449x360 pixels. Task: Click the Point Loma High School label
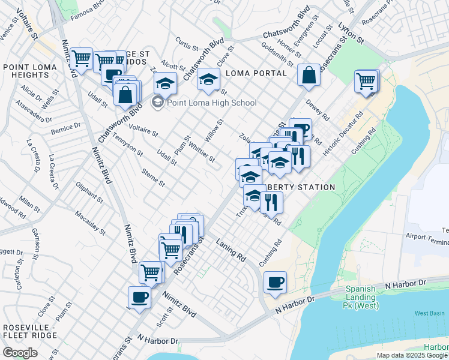pyautogui.click(x=211, y=103)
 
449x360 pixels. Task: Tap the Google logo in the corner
pyautogui.click(x=20, y=353)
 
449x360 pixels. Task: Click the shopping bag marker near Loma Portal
pyautogui.click(x=309, y=76)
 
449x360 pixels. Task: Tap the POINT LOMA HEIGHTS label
pyautogui.click(x=26, y=71)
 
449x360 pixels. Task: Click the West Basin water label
pyautogui.click(x=429, y=313)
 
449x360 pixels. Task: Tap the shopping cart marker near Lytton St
pyautogui.click(x=366, y=80)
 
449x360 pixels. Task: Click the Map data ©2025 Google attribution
pyautogui.click(x=412, y=355)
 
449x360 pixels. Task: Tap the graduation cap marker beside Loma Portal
pyautogui.click(x=208, y=80)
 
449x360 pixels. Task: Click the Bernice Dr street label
pyautogui.click(x=65, y=128)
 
